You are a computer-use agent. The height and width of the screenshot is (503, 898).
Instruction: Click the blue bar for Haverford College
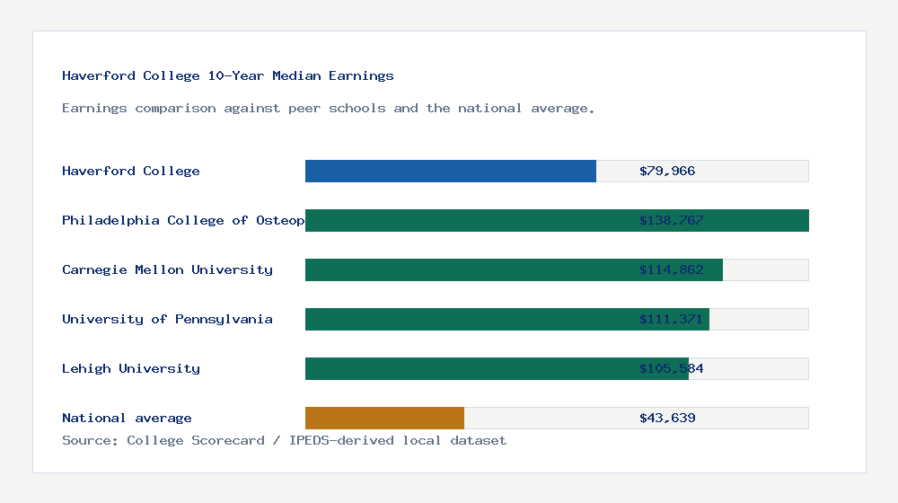[x=450, y=171]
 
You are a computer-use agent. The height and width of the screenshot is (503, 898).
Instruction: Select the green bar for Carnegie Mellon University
[x=514, y=269]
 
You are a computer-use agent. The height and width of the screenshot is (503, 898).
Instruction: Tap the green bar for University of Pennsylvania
[x=506, y=319]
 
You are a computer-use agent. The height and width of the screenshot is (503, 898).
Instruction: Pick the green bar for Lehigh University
[x=497, y=368]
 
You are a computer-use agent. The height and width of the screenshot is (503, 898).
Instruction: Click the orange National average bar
[x=384, y=418]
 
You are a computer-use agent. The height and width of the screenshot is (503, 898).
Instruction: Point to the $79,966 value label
[x=667, y=171]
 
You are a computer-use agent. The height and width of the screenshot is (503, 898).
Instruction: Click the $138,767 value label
[x=671, y=220]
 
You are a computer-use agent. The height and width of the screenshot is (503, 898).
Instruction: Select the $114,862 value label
[x=671, y=269]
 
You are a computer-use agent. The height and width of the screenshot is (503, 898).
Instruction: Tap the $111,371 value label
[x=671, y=319]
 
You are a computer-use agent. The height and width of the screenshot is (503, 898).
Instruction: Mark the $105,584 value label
[x=671, y=368]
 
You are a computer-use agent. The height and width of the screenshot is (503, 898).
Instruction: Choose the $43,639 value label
[x=667, y=418]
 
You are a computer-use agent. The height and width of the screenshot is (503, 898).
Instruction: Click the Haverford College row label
[x=131, y=171]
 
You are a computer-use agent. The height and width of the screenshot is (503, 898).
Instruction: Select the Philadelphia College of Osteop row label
[x=183, y=220]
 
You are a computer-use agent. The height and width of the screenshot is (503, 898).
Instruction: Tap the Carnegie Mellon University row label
[x=167, y=269]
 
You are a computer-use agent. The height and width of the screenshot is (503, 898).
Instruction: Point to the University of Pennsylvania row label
[x=167, y=319]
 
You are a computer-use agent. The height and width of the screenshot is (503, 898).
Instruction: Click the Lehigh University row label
[x=131, y=368]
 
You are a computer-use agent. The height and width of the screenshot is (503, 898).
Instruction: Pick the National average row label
[x=127, y=418]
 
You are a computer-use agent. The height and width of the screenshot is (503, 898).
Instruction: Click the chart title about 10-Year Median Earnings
[x=228, y=75]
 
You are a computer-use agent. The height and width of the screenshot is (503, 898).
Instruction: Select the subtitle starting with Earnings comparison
[x=329, y=108]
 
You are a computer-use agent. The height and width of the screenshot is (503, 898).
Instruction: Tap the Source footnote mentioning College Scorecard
[x=284, y=440]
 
